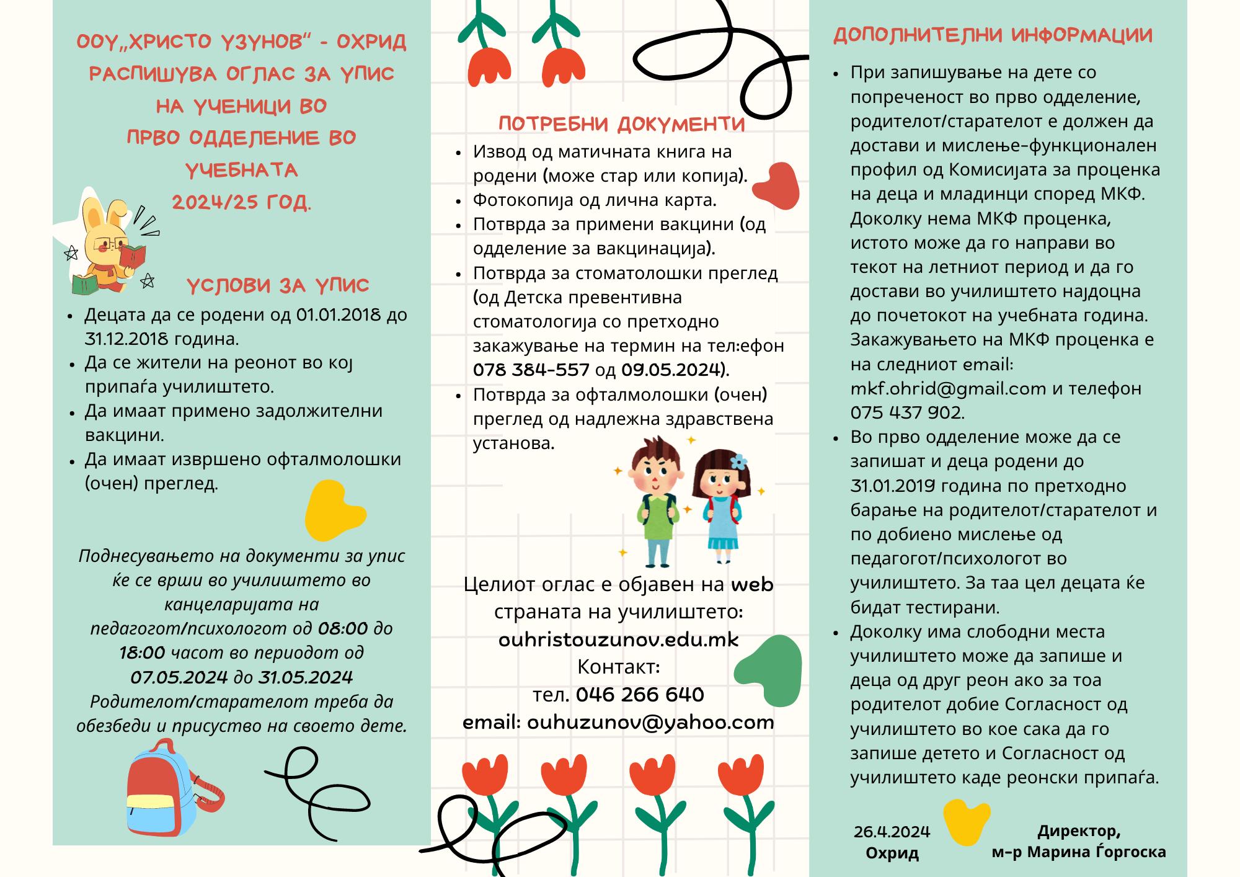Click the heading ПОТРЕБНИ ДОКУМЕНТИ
click(621, 124)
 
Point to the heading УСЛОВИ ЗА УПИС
click(278, 286)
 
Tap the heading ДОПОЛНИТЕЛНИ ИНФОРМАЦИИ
click(993, 35)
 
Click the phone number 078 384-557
click(531, 370)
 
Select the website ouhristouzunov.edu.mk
click(619, 639)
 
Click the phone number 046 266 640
click(640, 695)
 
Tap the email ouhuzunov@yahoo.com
click(650, 723)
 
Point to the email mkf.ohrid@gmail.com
click(948, 389)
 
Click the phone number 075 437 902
click(907, 413)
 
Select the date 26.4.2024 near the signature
click(892, 832)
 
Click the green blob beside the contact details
click(769, 672)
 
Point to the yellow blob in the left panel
click(334, 510)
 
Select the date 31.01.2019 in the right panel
click(893, 486)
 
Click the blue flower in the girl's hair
click(738, 462)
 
